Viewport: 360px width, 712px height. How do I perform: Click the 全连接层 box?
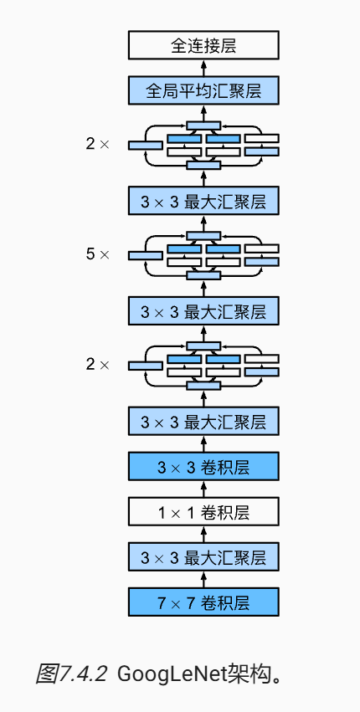pyautogui.click(x=203, y=45)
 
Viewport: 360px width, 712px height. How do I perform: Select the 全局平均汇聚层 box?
pyautogui.click(x=203, y=90)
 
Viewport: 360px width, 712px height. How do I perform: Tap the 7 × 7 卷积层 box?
pyautogui.click(x=203, y=602)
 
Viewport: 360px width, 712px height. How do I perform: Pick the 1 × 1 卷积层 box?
pyautogui.click(x=203, y=511)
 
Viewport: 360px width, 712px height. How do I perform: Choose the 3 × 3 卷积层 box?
pyautogui.click(x=203, y=466)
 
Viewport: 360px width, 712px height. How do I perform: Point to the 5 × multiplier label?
pyautogui.click(x=98, y=254)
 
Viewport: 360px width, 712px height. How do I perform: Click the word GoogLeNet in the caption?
pyautogui.click(x=172, y=674)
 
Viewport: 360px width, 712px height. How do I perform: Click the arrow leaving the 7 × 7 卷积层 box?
pyautogui.click(x=203, y=579)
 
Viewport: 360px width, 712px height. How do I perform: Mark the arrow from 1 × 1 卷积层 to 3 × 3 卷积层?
pyautogui.click(x=203, y=489)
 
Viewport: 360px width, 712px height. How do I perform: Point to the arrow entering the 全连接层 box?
pyautogui.click(x=203, y=68)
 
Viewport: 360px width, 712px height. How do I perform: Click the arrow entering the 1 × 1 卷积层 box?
pyautogui.click(x=203, y=534)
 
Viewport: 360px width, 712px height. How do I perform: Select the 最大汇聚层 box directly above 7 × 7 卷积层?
pyautogui.click(x=203, y=556)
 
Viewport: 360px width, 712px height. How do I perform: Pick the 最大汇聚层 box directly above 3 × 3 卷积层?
pyautogui.click(x=203, y=422)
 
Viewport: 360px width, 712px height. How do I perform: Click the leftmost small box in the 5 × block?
pyautogui.click(x=146, y=256)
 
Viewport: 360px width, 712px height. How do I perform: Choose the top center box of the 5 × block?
pyautogui.click(x=203, y=236)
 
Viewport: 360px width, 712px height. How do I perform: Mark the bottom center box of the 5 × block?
pyautogui.click(x=203, y=275)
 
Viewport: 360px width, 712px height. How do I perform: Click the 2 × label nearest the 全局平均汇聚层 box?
pyautogui.click(x=98, y=145)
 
